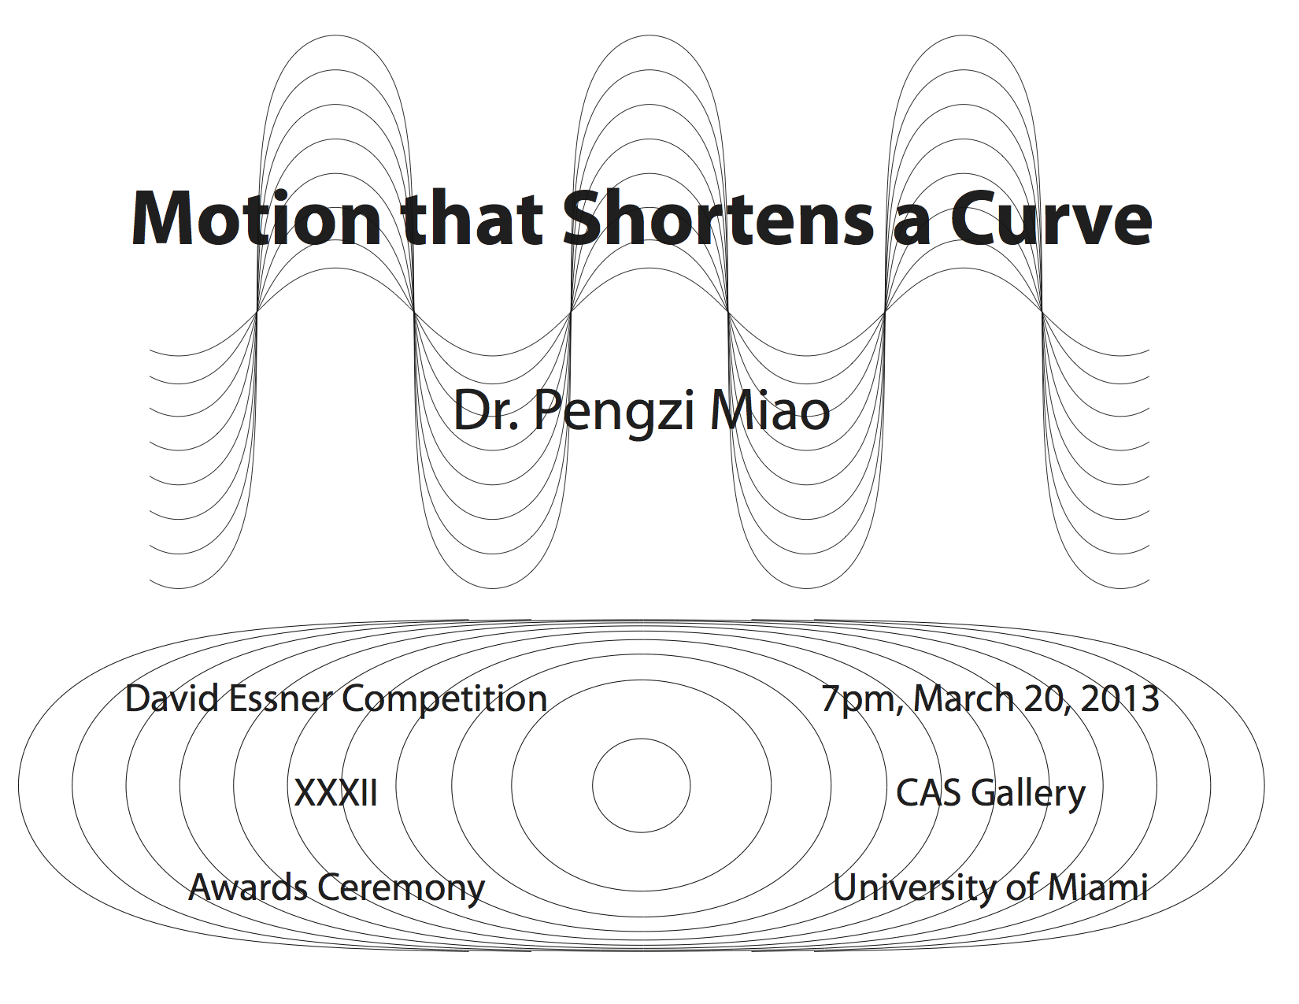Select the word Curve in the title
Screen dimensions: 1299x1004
[1050, 218]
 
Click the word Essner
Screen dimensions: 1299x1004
[280, 698]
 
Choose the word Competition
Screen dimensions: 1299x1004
[444, 699]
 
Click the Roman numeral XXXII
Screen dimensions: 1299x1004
[336, 793]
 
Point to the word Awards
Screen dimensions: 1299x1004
[248, 887]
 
